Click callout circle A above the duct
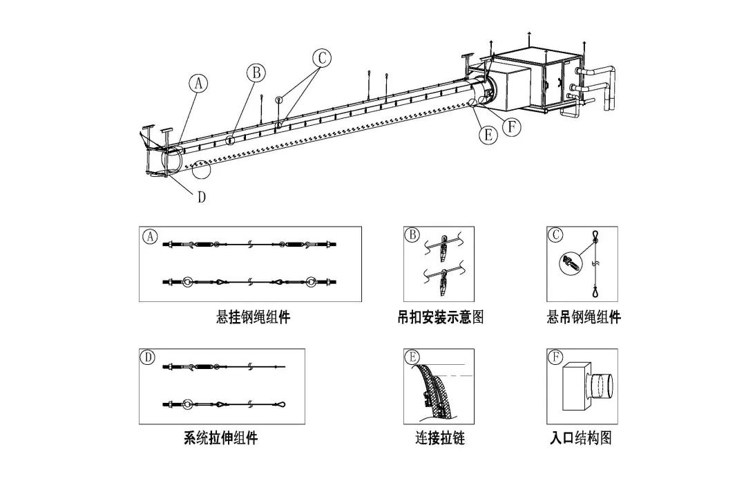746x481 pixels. [198, 84]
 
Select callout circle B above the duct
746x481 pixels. [256, 72]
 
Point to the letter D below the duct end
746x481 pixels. [201, 197]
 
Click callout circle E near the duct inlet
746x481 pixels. [488, 135]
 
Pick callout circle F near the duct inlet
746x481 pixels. [512, 126]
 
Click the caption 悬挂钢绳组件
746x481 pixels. [253, 317]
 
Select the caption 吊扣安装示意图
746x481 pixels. [440, 317]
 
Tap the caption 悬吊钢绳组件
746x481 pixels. [584, 317]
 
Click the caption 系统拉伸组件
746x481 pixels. [221, 438]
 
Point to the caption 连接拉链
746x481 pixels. [440, 438]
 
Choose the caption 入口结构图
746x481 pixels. [581, 438]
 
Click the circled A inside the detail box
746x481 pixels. [149, 236]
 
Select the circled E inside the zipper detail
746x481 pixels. [413, 358]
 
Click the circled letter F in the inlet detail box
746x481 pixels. [555, 358]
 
